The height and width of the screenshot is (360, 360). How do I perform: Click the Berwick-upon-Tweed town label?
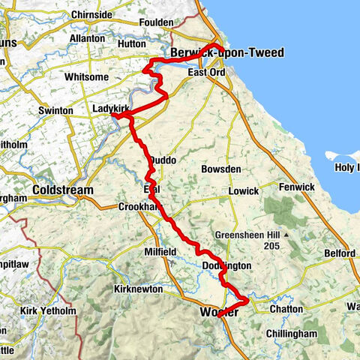(x=214, y=54)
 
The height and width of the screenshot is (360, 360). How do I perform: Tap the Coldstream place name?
(x=63, y=190)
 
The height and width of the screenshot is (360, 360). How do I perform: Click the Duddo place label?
(x=163, y=160)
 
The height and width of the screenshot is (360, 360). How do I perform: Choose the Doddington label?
(x=226, y=266)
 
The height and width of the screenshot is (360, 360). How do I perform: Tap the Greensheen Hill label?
(x=248, y=233)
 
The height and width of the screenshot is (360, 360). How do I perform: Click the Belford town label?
(x=339, y=253)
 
